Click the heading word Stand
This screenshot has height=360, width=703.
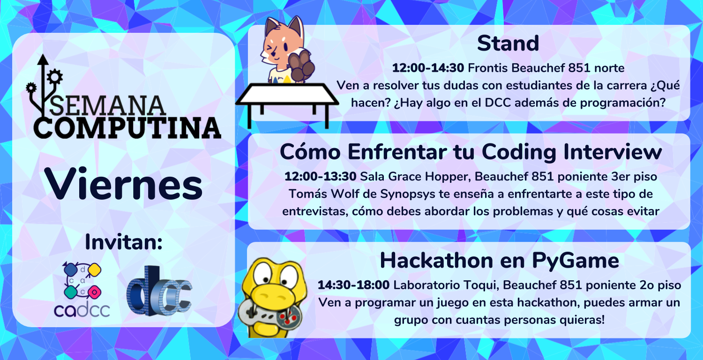(x=508, y=43)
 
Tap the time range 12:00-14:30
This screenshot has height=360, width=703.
(x=428, y=68)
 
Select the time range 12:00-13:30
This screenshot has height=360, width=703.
(x=320, y=176)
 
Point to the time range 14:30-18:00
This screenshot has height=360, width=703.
(x=353, y=285)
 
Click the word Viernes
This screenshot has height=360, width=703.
(x=123, y=184)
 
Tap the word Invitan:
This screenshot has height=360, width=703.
(x=124, y=242)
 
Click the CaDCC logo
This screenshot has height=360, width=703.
(x=82, y=289)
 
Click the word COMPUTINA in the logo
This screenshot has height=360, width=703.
(x=127, y=128)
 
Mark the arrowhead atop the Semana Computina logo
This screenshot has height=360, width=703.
(x=43, y=60)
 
